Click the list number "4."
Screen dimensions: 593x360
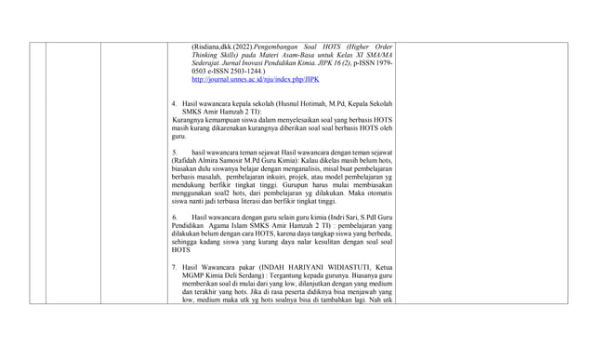(175, 102)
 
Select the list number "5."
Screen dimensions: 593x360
(175, 152)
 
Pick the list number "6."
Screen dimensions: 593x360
(175, 217)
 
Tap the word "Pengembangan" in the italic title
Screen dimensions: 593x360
(283, 47)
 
